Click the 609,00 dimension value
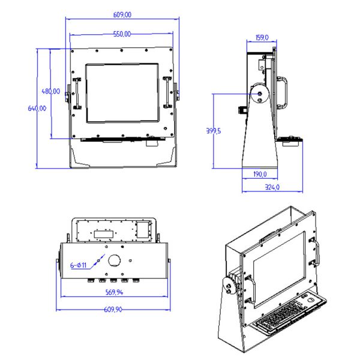[x=122, y=14]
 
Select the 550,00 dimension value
[x=122, y=34]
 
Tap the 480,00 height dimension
[x=50, y=91]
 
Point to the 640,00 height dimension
[x=37, y=109]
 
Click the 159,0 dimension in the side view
[x=262, y=37]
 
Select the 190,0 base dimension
[x=259, y=175]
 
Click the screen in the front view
[x=122, y=92]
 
